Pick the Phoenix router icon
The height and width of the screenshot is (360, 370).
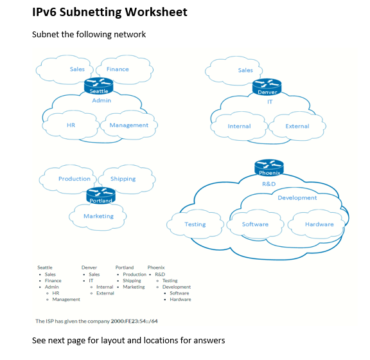click(x=269, y=166)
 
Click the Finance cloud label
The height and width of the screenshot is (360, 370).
click(x=118, y=69)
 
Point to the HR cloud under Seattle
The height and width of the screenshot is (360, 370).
click(x=71, y=125)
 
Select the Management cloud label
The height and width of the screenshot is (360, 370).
click(x=128, y=125)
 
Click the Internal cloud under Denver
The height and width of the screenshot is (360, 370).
click(x=239, y=126)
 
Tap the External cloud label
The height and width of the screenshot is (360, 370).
click(x=297, y=126)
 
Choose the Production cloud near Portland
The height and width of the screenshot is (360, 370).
click(x=74, y=179)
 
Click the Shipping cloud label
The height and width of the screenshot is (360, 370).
click(x=123, y=179)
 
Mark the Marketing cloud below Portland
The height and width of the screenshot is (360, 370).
click(x=98, y=216)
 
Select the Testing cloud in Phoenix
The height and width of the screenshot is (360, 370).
click(x=195, y=224)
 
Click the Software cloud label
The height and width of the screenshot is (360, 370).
click(x=255, y=224)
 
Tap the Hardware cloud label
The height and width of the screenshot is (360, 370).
click(x=319, y=224)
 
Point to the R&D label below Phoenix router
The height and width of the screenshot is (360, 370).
click(x=269, y=184)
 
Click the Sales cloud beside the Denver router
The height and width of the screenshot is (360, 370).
click(x=245, y=70)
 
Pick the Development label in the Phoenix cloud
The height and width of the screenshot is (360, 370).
click(x=297, y=198)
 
